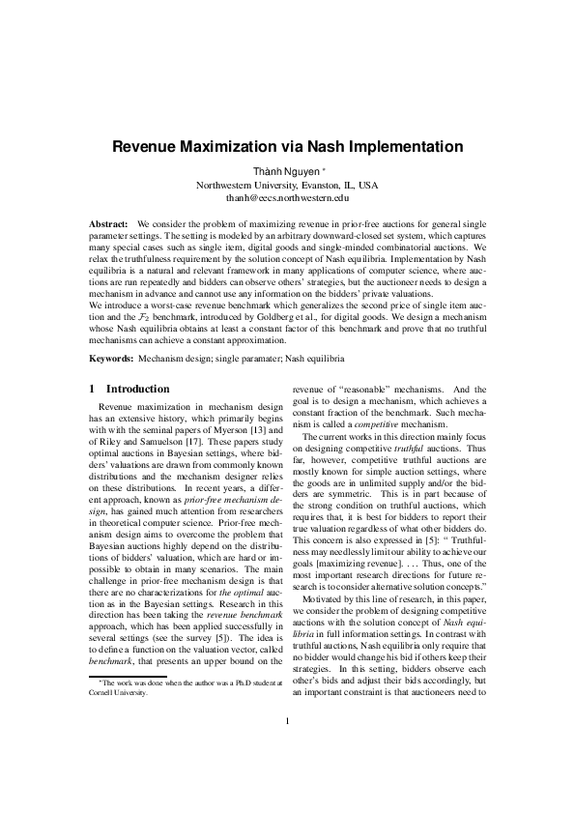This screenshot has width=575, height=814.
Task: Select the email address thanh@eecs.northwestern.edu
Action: point(287,197)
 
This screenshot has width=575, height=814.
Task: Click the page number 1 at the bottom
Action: point(288,747)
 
